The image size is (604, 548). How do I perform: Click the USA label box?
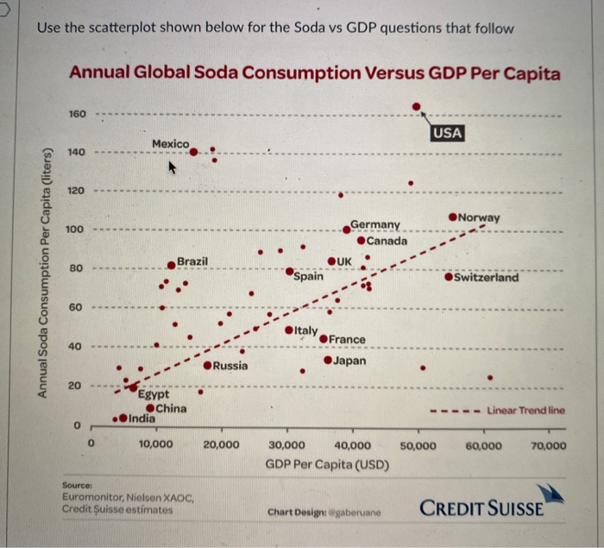[x=448, y=133]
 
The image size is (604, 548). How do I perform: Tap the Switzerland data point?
[x=449, y=277]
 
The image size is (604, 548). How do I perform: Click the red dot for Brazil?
[x=172, y=266]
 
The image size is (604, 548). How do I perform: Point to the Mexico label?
[x=170, y=142]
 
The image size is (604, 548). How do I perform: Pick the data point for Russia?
[x=207, y=366]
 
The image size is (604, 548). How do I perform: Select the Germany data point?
[x=347, y=228]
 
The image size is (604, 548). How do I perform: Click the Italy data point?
[x=289, y=331]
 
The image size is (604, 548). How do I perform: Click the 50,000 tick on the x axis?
[x=418, y=445]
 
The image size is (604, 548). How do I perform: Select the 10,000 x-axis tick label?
[x=155, y=445]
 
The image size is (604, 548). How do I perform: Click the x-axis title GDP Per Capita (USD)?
[x=327, y=464]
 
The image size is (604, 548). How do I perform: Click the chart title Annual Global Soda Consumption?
[x=314, y=73]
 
